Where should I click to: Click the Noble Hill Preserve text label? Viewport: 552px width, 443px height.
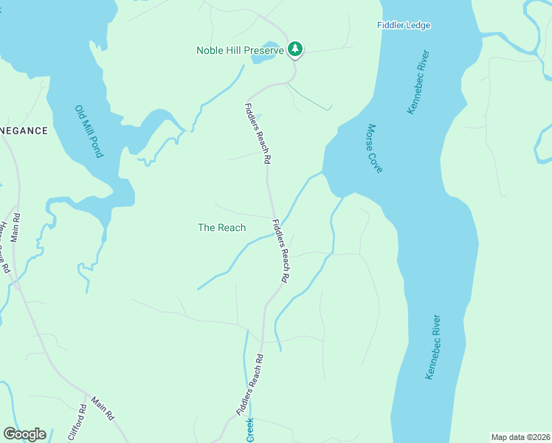pyautogui.click(x=240, y=50)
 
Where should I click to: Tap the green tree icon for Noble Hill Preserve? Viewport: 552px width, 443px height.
pyautogui.click(x=295, y=49)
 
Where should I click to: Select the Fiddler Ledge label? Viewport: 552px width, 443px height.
pyautogui.click(x=404, y=25)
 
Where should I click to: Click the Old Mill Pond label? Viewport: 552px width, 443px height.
pyautogui.click(x=89, y=131)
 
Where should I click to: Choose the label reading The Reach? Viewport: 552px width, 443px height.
pyautogui.click(x=221, y=227)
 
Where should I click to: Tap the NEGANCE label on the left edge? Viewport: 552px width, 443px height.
pyautogui.click(x=24, y=131)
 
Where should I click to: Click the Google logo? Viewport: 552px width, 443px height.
pyautogui.click(x=24, y=434)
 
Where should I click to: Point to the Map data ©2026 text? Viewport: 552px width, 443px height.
pyautogui.click(x=520, y=437)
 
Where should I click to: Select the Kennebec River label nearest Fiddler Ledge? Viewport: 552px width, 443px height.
pyautogui.click(x=418, y=82)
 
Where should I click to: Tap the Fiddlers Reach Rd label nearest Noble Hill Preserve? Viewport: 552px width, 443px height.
pyautogui.click(x=258, y=134)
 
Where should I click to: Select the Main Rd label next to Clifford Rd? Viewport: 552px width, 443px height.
pyautogui.click(x=103, y=409)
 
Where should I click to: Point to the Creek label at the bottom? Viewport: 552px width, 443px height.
pyautogui.click(x=250, y=430)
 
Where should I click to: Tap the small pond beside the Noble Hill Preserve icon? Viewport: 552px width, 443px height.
pyautogui.click(x=267, y=56)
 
